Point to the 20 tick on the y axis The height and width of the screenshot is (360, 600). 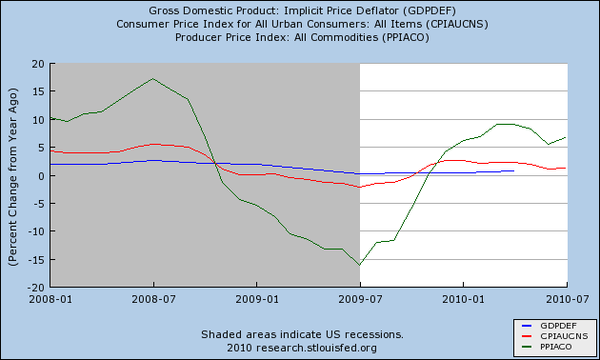[x=38, y=64]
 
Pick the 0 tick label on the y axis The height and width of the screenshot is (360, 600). [x=41, y=175]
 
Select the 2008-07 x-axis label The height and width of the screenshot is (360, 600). [x=154, y=299]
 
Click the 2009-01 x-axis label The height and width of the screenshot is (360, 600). [x=257, y=299]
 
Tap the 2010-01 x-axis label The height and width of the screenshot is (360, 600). [x=464, y=299]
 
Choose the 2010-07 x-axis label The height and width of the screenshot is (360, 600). [x=567, y=299]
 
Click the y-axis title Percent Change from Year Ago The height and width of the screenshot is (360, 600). [x=12, y=177]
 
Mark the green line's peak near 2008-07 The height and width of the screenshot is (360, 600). [x=153, y=79]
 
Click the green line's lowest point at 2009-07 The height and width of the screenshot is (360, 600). [x=360, y=265]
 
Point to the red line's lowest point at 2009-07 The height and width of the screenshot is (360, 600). [x=360, y=187]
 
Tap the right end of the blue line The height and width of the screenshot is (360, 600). [x=513, y=171]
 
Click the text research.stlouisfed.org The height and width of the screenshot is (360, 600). [x=316, y=349]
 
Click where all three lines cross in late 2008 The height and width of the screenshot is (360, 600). [x=215, y=164]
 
